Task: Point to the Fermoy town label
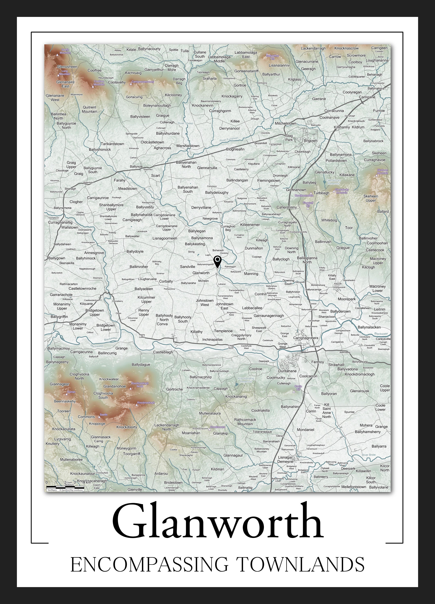(318, 362)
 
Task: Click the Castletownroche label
(83, 289)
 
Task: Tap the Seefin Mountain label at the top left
(65, 51)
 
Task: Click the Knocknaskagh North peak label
(140, 385)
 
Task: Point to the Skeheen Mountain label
(382, 171)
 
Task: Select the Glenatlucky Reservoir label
(334, 182)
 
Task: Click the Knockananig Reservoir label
(246, 380)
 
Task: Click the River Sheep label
(185, 123)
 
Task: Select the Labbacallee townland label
(252, 308)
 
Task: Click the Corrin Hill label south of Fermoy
(298, 388)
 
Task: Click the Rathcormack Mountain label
(245, 422)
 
